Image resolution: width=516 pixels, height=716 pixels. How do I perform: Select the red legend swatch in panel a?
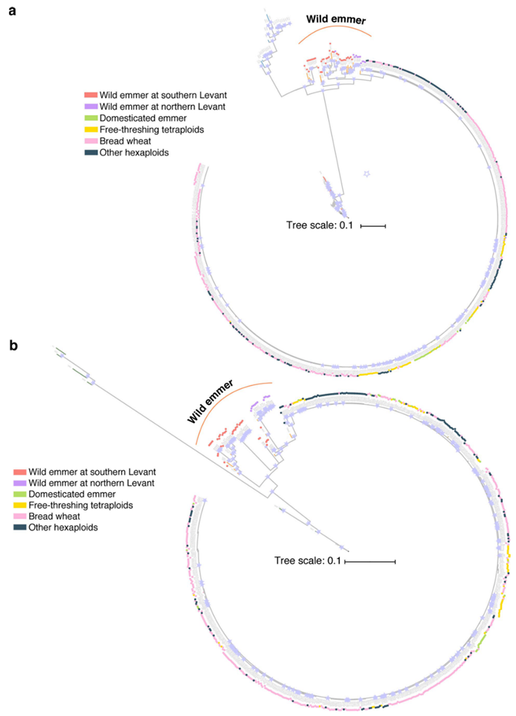[x=90, y=94]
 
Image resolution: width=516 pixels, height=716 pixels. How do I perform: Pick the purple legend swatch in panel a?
[x=90, y=106]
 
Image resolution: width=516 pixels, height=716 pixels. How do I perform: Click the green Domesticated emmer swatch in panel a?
[x=90, y=117]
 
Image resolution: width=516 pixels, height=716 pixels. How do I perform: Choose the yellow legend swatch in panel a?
[x=90, y=129]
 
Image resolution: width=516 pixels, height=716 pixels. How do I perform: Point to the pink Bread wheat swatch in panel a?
[x=90, y=140]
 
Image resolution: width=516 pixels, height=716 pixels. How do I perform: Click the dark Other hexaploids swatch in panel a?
[x=90, y=152]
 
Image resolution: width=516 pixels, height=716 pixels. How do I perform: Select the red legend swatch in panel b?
[x=20, y=471]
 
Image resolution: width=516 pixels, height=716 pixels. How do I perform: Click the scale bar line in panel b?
[x=370, y=562]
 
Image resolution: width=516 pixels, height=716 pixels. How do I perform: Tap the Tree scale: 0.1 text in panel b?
[x=307, y=562]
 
